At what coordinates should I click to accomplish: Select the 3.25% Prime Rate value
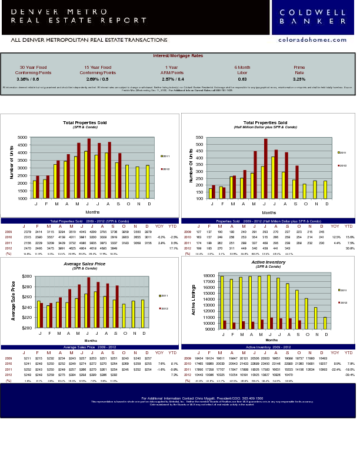click(x=299, y=79)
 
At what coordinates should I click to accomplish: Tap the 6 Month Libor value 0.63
click(x=242, y=79)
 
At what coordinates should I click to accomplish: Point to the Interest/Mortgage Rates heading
click(x=178, y=55)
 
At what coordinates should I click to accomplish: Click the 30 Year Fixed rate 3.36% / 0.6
click(x=33, y=79)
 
